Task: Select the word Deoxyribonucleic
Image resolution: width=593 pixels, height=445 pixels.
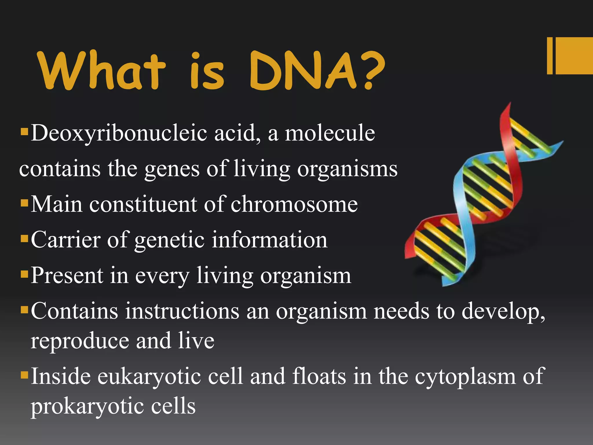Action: point(119,134)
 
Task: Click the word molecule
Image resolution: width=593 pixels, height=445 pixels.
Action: point(330,133)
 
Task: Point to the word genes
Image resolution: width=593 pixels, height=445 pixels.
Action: point(172,169)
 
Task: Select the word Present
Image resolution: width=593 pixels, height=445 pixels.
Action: point(67,275)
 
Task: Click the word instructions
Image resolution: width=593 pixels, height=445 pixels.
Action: point(182,311)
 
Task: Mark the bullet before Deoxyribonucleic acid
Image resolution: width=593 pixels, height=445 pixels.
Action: point(24,132)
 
